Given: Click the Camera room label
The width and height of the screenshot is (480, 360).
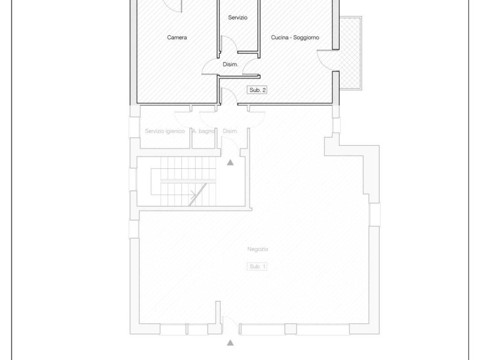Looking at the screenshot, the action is click(177, 37).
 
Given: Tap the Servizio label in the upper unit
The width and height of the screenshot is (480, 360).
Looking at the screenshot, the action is click(238, 17).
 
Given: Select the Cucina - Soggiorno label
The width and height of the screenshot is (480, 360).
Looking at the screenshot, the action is click(295, 37).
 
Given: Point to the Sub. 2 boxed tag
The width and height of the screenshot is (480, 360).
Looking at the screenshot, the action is click(257, 90).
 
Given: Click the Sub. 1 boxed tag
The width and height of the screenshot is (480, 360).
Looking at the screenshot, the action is click(257, 267).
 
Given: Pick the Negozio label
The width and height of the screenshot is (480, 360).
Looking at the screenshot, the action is click(257, 249).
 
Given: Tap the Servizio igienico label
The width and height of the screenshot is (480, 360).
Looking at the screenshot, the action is click(165, 131).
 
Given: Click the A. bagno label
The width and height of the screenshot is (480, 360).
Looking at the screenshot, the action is click(203, 131).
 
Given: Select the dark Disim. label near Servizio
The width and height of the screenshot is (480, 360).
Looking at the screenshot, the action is click(230, 64).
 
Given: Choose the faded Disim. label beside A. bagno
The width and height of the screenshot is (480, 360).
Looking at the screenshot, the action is click(230, 131).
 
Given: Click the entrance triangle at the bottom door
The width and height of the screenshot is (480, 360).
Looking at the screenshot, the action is click(230, 343).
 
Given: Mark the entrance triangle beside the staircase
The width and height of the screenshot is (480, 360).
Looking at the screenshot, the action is click(230, 162).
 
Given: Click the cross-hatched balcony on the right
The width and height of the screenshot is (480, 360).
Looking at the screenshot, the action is click(351, 53).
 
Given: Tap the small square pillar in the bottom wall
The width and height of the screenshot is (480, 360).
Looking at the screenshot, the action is click(291, 329).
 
